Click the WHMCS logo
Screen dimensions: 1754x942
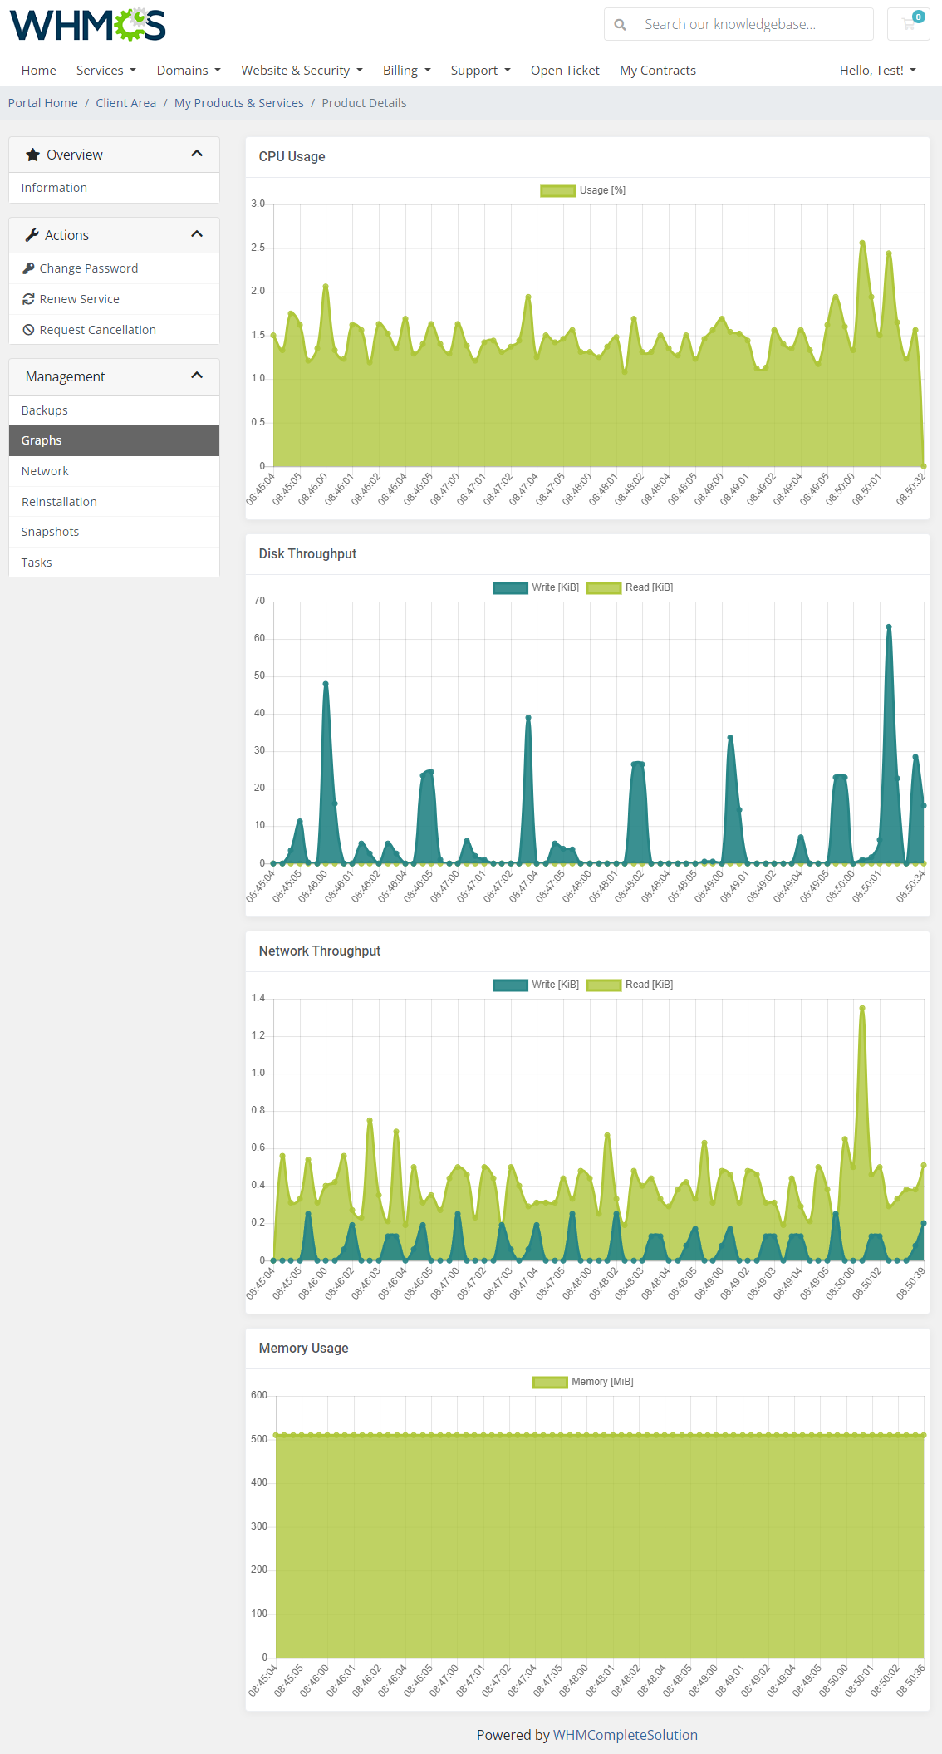87,25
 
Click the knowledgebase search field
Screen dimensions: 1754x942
748,24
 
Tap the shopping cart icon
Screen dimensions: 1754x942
909,24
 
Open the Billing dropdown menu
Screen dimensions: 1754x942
406,71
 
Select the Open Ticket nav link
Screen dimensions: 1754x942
565,71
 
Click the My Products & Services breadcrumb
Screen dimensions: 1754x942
238,103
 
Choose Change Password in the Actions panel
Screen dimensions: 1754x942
88,268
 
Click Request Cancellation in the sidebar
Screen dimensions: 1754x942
97,330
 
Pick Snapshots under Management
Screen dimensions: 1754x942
50,532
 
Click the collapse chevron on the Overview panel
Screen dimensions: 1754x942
197,154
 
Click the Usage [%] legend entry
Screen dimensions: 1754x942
583,190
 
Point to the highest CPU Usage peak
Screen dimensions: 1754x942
862,243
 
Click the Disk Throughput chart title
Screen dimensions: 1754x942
307,554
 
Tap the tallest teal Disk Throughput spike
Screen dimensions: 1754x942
888,627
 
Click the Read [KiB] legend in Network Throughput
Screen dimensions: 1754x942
630,985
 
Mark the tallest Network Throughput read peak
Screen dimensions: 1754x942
862,1009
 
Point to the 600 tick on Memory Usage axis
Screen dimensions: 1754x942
259,1395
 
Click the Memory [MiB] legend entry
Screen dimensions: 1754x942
583,1382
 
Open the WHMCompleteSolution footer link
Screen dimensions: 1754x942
625,1735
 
